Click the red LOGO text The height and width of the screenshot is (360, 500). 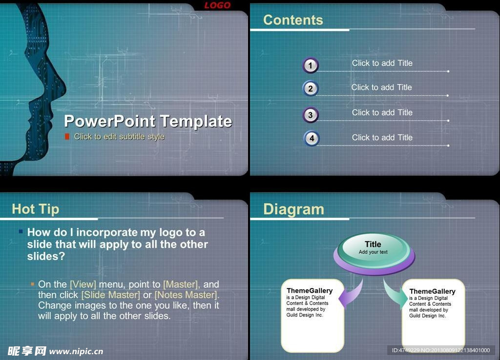coord(217,5)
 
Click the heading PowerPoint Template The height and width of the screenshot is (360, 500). coord(148,121)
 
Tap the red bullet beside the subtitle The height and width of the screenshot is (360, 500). coord(67,136)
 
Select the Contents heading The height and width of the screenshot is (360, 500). coord(293,20)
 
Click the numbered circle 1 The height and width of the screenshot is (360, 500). coord(310,65)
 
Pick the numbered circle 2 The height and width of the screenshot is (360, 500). coord(310,88)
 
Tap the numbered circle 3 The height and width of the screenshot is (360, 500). coord(310,115)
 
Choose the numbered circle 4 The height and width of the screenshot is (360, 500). coord(312,138)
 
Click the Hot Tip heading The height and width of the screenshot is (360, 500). coord(35,209)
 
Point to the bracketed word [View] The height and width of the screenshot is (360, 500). coord(83,284)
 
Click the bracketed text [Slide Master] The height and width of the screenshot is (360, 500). coord(111,295)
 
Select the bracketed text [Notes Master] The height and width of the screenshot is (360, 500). coord(186,295)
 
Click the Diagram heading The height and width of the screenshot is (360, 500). coord(293,210)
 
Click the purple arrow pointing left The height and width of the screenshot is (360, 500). coord(351,295)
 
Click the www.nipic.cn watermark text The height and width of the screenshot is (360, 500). coord(76,351)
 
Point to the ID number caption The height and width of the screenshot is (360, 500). coord(441,350)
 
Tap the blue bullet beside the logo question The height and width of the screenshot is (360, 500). coord(21,232)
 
